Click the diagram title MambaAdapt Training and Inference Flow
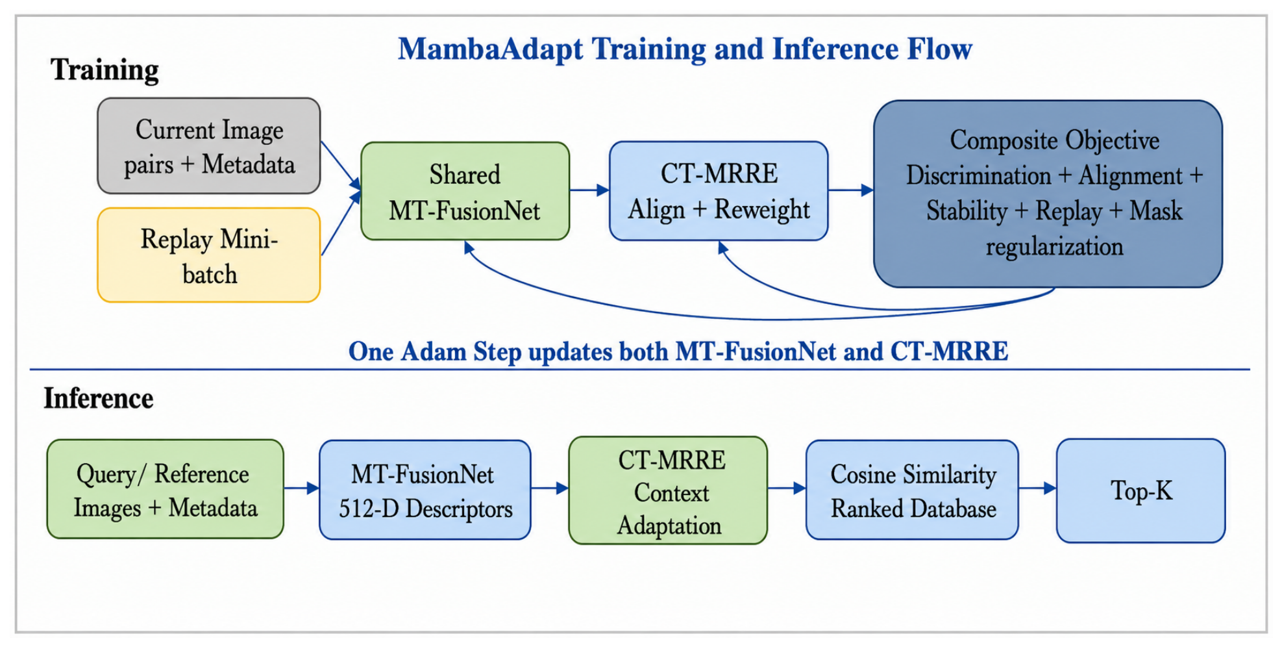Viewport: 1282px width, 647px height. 685,49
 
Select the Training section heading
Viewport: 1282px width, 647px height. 105,70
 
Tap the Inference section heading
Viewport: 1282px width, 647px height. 99,398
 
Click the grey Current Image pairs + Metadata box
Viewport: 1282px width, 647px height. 209,146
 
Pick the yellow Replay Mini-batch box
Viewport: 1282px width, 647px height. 209,255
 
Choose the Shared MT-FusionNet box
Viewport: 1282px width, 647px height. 465,192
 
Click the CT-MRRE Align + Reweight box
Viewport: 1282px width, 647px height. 719,191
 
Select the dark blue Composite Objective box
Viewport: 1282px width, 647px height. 1048,194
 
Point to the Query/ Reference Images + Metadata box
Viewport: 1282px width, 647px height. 166,489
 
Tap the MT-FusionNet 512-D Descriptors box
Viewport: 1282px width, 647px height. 425,490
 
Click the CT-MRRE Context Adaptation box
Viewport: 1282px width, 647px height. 668,490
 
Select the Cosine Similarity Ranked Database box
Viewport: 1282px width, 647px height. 912,490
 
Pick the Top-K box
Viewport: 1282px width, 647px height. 1141,490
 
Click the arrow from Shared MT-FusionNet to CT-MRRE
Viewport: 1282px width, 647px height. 589,190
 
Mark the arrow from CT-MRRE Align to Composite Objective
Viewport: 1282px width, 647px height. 851,190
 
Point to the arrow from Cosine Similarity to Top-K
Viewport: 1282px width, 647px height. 1037,488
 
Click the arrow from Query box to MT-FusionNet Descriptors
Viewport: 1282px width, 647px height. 302,488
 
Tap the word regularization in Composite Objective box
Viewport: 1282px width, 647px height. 1054,247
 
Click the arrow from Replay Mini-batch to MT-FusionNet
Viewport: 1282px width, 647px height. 341,223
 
